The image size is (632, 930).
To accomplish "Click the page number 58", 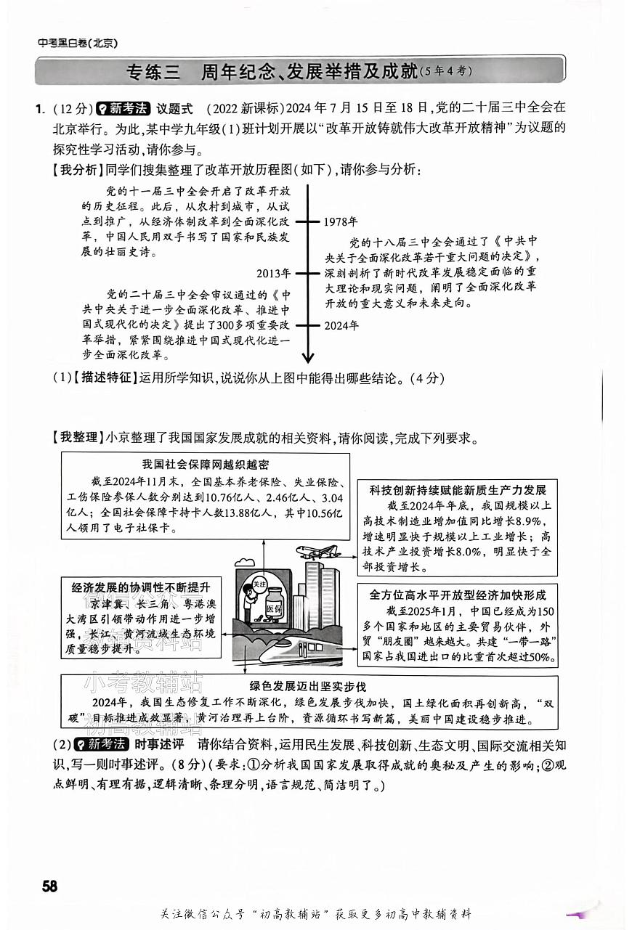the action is tap(49, 886).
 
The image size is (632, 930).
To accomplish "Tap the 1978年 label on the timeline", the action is tap(341, 221).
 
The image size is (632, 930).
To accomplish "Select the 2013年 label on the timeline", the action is tap(274, 274).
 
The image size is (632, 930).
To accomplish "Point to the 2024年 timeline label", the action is tap(341, 325).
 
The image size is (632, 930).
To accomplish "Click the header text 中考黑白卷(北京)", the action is tap(78, 43).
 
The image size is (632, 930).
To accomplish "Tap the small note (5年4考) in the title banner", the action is tap(446, 71).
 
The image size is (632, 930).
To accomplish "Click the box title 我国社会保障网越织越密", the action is tap(205, 465).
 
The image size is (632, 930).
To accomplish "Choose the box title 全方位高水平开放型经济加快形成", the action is tap(458, 594).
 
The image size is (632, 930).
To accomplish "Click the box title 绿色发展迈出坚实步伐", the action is tap(308, 686).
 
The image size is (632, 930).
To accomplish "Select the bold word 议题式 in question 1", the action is tap(175, 108).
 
